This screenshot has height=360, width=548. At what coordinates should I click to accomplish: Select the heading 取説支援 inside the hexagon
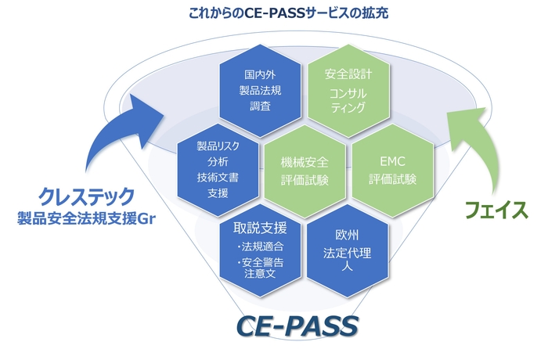[x=260, y=228]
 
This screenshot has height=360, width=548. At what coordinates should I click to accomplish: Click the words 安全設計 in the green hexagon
[x=345, y=76]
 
